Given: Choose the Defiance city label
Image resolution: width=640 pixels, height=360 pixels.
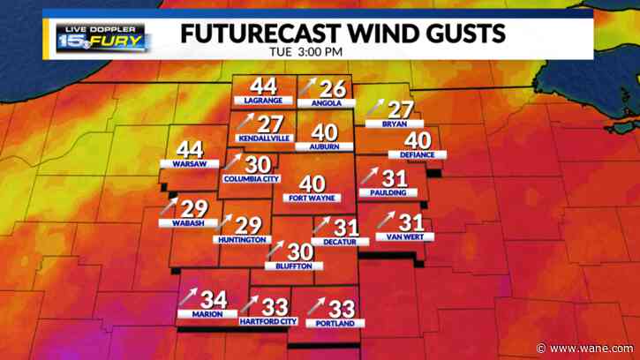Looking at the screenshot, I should pos(418,154).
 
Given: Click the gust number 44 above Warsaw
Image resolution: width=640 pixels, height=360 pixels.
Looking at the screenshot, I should pos(191,151).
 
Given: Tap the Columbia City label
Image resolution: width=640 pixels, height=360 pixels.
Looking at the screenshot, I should pos(251,179).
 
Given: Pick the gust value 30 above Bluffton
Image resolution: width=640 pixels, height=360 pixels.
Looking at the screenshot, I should pos(301,251).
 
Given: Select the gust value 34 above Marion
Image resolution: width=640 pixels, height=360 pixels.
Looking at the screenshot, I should pos(214,300).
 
